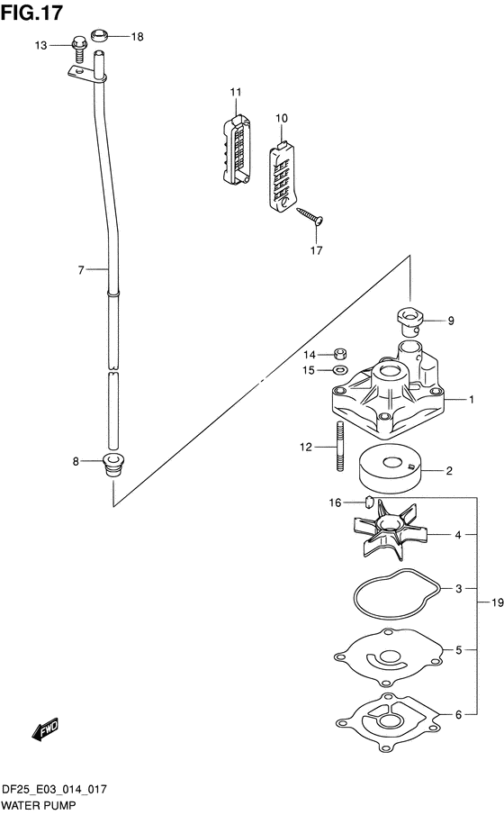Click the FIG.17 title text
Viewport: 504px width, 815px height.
click(31, 12)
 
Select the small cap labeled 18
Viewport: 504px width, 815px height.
click(99, 36)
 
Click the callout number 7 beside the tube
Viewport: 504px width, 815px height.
click(80, 270)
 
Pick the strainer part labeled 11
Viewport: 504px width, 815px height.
click(236, 149)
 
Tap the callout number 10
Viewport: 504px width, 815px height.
click(281, 118)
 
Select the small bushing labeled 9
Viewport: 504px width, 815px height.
click(410, 321)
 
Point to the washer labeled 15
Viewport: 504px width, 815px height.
click(340, 371)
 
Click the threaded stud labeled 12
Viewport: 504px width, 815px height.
click(340, 446)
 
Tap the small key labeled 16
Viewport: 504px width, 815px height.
click(368, 502)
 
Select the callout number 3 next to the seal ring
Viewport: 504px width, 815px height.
click(458, 588)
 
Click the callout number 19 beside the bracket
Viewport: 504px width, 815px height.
click(497, 602)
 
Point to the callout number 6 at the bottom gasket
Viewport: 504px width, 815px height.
click(458, 715)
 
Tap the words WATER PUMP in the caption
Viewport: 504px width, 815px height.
click(39, 806)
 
